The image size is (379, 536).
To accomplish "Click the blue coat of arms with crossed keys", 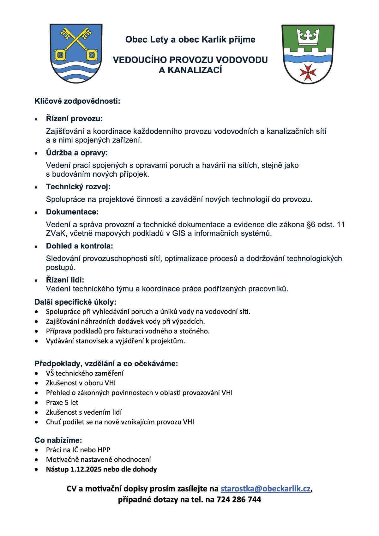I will pyautogui.click(x=76, y=53).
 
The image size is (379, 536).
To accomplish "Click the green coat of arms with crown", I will pyautogui.click(x=308, y=54).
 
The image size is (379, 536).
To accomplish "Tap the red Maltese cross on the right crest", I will pyautogui.click(x=308, y=72).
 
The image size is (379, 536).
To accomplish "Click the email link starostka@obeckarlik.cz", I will pyautogui.click(x=265, y=489).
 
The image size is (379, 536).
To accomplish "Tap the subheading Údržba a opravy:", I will pyautogui.click(x=77, y=153).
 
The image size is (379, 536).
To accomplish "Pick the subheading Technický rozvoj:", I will pyautogui.click(x=78, y=187).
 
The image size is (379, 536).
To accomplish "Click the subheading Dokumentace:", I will pyautogui.click(x=72, y=211).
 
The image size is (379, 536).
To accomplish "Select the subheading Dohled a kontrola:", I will pyautogui.click(x=79, y=246).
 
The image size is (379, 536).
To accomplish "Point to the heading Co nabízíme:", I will pyautogui.click(x=58, y=440).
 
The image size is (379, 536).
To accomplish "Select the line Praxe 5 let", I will pyautogui.click(x=62, y=402).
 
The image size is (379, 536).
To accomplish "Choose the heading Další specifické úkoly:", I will pyautogui.click(x=75, y=302).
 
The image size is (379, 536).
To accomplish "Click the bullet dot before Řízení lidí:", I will pyautogui.click(x=37, y=280).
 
